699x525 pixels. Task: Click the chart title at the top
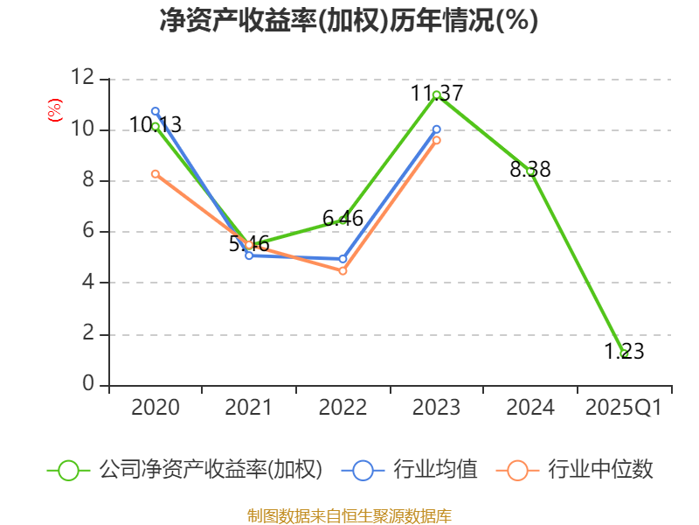pos(349,21)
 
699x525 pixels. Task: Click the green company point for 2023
pos(436,94)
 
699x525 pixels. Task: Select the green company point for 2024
pos(530,171)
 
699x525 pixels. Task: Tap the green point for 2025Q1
pos(624,353)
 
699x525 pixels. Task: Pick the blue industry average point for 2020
pos(156,111)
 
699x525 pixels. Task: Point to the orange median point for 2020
pos(156,174)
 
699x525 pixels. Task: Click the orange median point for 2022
pos(343,271)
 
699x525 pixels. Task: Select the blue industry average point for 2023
pos(437,129)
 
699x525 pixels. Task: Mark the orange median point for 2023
pos(437,140)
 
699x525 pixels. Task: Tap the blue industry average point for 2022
pos(343,259)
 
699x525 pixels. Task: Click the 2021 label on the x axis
pos(249,408)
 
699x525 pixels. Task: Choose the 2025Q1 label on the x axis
pos(624,408)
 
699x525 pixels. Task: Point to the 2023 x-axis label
pos(436,408)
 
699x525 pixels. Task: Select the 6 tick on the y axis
pos(87,232)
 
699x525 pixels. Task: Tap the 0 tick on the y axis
pos(87,385)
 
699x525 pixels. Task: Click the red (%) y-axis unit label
pos(54,111)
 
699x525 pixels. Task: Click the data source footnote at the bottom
pos(349,515)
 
